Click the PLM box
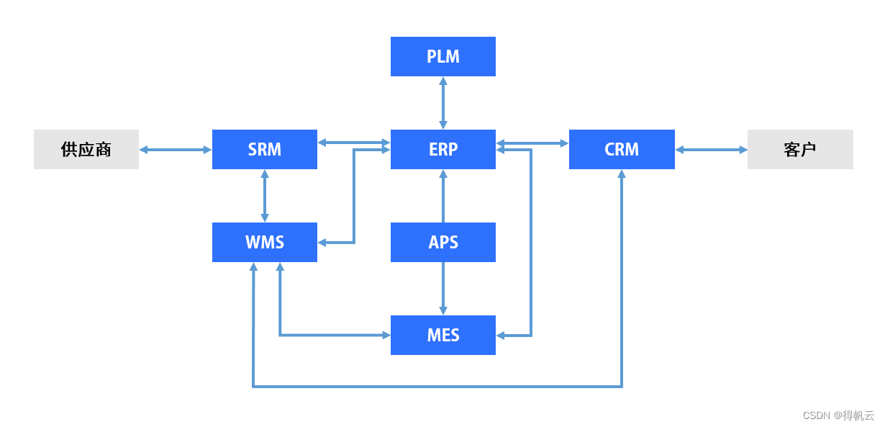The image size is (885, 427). pyautogui.click(x=442, y=56)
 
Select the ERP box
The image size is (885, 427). pyautogui.click(x=442, y=149)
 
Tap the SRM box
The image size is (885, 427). pyautogui.click(x=264, y=149)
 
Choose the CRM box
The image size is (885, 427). pyautogui.click(x=622, y=149)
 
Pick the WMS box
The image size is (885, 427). pyautogui.click(x=264, y=242)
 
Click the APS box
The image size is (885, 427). pyautogui.click(x=442, y=242)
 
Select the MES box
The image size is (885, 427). pyautogui.click(x=442, y=335)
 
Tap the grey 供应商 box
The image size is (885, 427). pyautogui.click(x=86, y=149)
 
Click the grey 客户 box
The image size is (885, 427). pyautogui.click(x=800, y=149)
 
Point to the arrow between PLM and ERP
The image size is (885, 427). pyautogui.click(x=442, y=102)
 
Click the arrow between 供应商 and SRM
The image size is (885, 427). pyautogui.click(x=175, y=149)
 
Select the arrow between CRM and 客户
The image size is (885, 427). pyautogui.click(x=711, y=149)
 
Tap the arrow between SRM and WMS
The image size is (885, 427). pyautogui.click(x=265, y=195)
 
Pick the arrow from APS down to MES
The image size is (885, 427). pyautogui.click(x=442, y=288)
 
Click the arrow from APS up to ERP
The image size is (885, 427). pyautogui.click(x=442, y=195)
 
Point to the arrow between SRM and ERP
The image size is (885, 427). pyautogui.click(x=353, y=143)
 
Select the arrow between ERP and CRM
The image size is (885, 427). pyautogui.click(x=532, y=143)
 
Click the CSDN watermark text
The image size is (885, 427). pyautogui.click(x=838, y=415)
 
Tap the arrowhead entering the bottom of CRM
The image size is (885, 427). pyautogui.click(x=622, y=175)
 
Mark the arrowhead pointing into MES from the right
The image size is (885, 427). pyautogui.click(x=501, y=335)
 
